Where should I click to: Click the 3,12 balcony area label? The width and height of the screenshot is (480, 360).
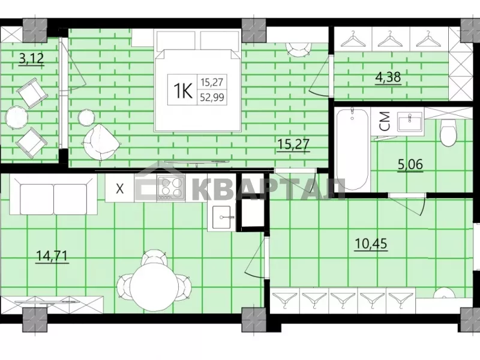(32, 58)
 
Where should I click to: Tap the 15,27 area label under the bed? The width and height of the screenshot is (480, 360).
(293, 144)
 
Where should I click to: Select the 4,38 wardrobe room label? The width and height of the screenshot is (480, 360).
(388, 77)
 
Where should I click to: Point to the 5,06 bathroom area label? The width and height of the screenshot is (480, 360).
(410, 164)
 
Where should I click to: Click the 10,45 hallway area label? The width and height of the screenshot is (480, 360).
(371, 244)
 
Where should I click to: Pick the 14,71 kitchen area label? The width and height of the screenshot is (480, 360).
(52, 256)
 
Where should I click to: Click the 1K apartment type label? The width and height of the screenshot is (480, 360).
(183, 91)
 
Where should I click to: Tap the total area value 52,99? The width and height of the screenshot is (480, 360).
(212, 98)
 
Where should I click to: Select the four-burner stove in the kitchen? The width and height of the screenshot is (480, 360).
(171, 188)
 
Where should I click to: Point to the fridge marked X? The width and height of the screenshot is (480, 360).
(119, 188)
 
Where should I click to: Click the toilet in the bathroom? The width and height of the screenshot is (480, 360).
(448, 133)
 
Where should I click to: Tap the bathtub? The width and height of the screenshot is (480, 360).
(353, 149)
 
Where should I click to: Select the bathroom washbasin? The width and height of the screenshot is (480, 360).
(410, 122)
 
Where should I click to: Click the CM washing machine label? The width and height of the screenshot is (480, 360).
(385, 121)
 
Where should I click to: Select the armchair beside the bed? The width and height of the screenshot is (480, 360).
(101, 142)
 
